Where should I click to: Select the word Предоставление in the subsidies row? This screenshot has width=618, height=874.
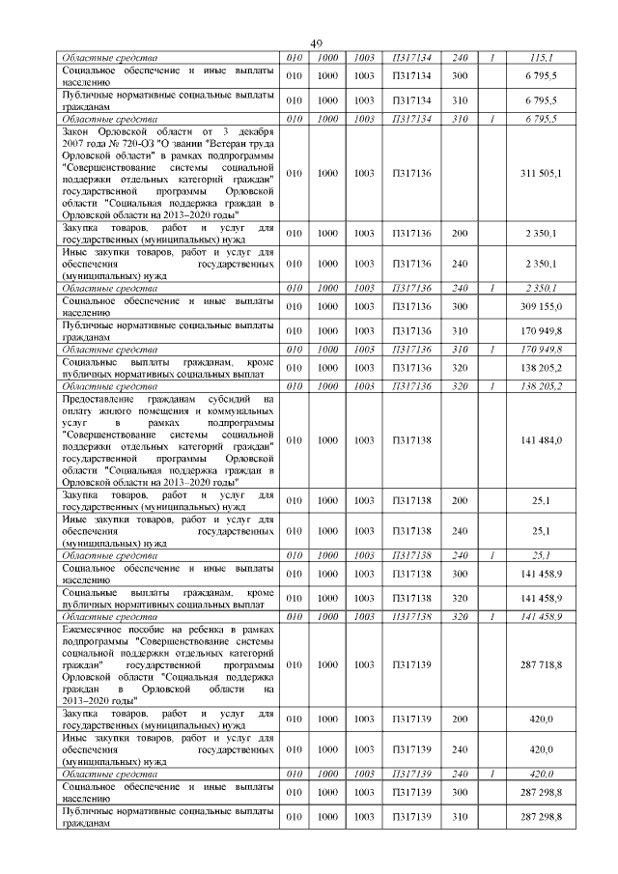pos(105,398)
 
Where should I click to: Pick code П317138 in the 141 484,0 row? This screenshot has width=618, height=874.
pos(406,440)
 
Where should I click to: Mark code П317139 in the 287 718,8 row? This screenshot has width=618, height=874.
pos(406,666)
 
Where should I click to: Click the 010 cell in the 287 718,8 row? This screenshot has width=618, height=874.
pos(295,666)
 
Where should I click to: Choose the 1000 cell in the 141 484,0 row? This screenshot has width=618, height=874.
pos(328,440)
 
